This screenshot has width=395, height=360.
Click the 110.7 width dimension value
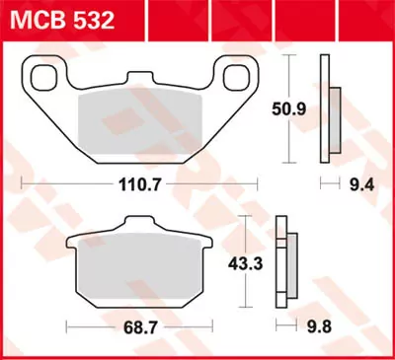point(137,183)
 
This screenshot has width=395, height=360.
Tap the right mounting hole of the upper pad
point(233,77)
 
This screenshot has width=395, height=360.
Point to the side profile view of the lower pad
point(288,263)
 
